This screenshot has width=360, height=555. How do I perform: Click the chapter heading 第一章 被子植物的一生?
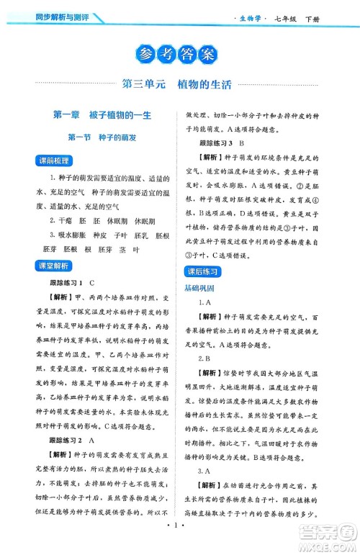point(101,116)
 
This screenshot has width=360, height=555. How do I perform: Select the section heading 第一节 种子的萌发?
point(101,138)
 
